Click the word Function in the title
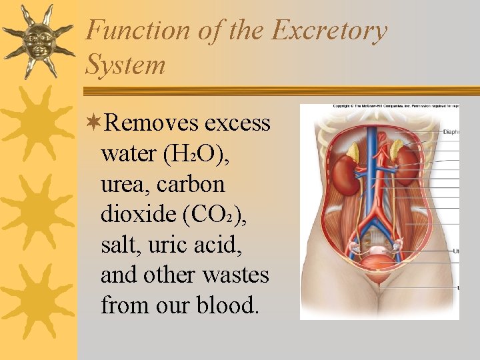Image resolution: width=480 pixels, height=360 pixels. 129,31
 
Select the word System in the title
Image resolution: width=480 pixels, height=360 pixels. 125,65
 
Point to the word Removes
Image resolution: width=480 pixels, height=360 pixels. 152,123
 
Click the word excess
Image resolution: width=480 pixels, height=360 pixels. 238,123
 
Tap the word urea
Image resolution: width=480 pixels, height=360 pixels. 121,184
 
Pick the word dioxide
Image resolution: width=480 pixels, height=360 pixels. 135,214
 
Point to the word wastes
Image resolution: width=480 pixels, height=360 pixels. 237,275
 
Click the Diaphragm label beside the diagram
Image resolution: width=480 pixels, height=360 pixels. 451,132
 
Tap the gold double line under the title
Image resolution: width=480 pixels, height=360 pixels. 280,90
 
